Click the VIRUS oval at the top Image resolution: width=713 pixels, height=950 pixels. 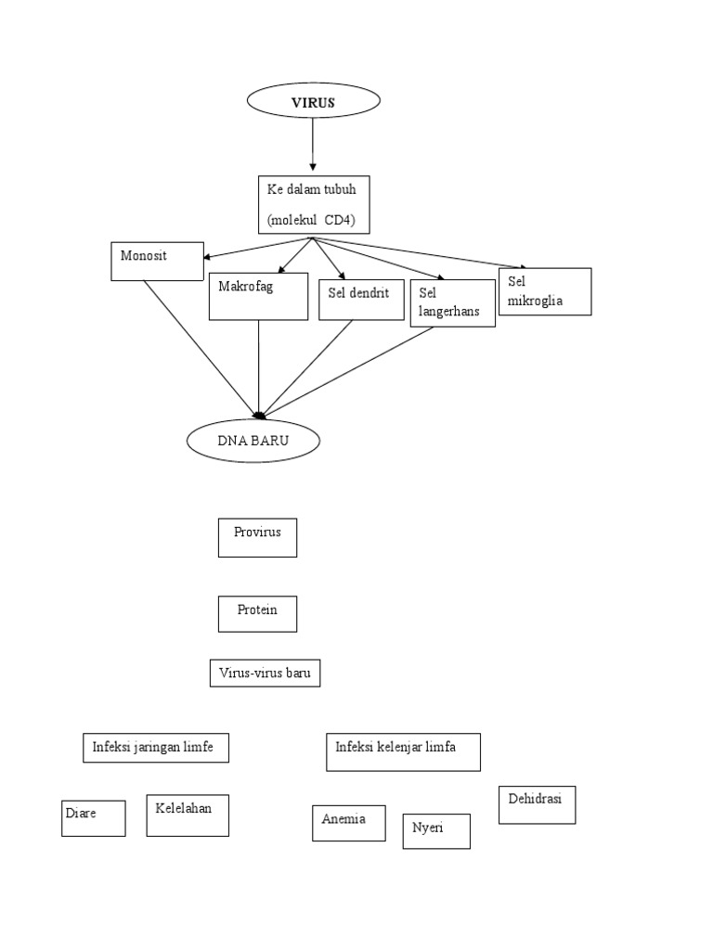tap(312, 102)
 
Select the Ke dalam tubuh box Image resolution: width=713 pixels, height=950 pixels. tap(312, 204)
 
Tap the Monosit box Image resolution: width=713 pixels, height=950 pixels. tap(156, 261)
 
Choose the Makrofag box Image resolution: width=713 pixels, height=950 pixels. tap(258, 296)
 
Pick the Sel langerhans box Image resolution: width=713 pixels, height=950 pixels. tap(449, 302)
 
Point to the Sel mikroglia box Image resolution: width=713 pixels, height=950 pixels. tap(545, 291)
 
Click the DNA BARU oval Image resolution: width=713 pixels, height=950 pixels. tap(253, 442)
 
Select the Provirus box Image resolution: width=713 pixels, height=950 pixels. tap(257, 537)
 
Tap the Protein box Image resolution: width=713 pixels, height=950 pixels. tap(257, 613)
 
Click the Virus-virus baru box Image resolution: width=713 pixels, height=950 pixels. tap(265, 673)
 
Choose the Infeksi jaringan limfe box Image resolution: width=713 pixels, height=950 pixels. tap(156, 747)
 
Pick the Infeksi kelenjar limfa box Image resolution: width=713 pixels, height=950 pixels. tap(403, 751)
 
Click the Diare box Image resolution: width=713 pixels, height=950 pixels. tap(93, 817)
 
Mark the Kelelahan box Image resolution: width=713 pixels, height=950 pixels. tap(188, 815)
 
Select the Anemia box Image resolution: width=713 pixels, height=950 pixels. tap(348, 822)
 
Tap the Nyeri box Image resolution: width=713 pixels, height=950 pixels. tap(435, 830)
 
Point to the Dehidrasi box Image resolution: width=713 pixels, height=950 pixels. tap(538, 804)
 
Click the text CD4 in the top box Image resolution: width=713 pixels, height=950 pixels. tap(349, 221)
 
